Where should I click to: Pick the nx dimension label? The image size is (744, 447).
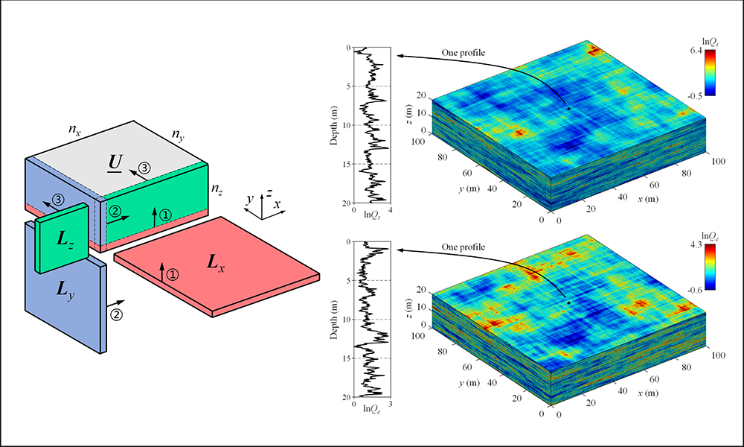[75, 130]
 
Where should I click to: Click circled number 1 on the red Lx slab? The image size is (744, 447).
[173, 274]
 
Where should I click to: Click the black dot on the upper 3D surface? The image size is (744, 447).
[568, 109]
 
